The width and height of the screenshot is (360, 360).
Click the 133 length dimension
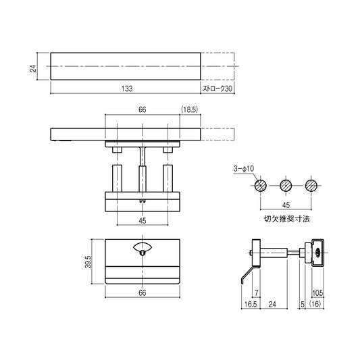click(x=127, y=88)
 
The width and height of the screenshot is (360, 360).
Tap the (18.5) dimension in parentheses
click(x=190, y=109)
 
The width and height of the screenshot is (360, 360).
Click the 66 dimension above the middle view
click(x=143, y=109)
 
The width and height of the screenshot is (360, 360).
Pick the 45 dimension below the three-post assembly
click(x=143, y=220)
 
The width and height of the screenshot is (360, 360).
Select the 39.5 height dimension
click(x=88, y=261)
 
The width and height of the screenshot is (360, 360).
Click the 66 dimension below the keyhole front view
click(x=143, y=293)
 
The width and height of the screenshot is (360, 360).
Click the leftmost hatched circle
click(x=260, y=185)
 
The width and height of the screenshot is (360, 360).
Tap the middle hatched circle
click(x=285, y=185)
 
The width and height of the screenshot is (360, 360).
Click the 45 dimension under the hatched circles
click(x=285, y=205)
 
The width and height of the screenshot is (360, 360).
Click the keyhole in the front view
click(x=143, y=252)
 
